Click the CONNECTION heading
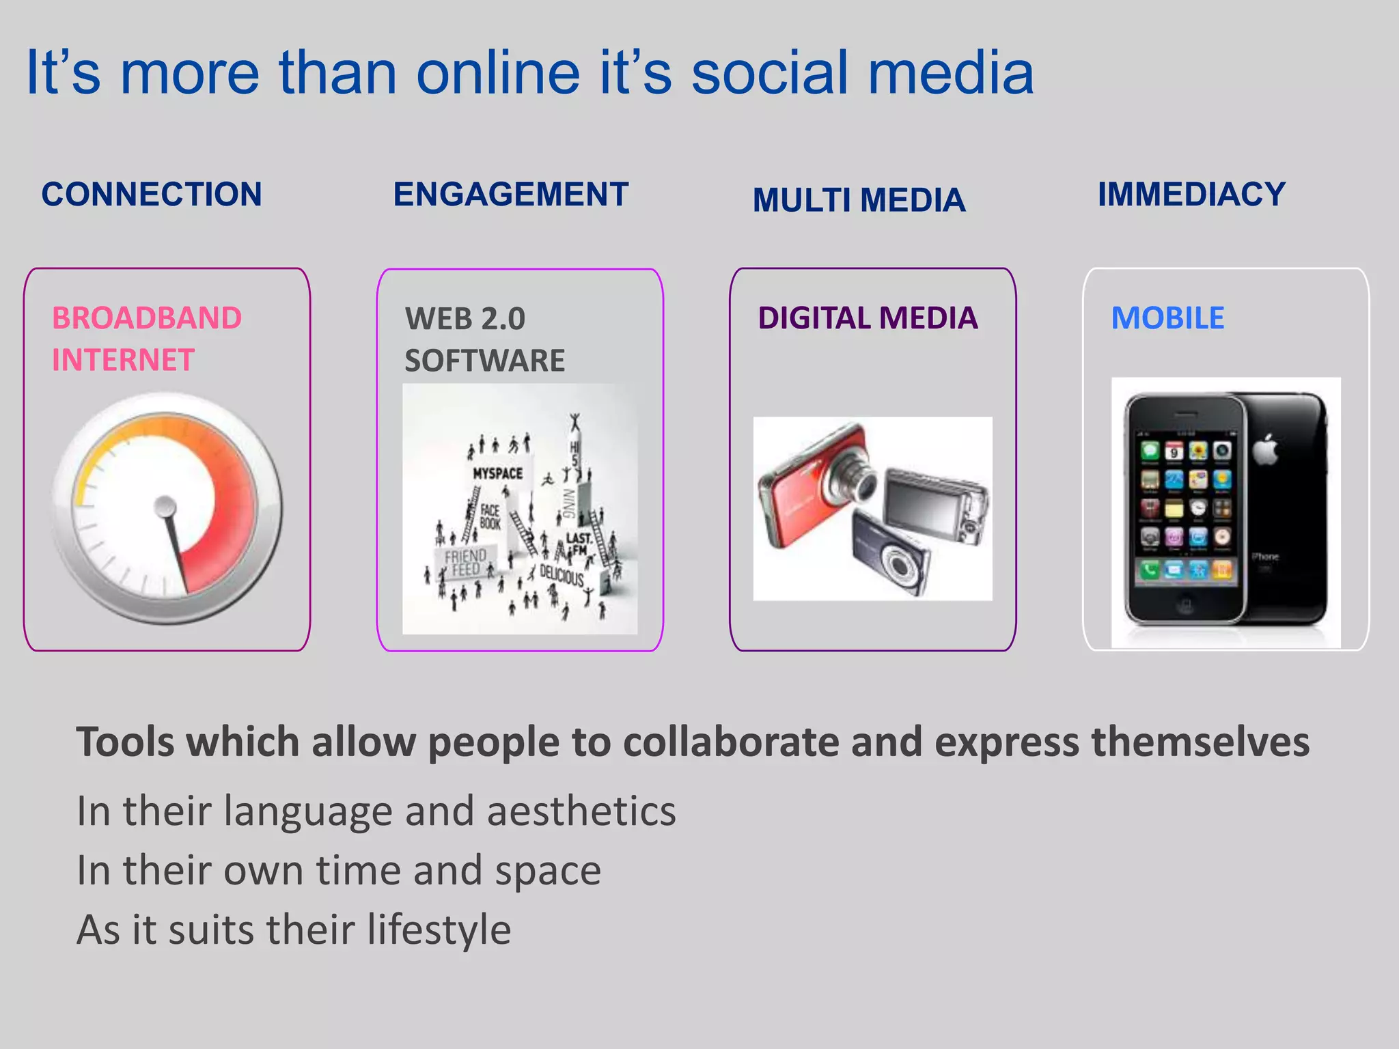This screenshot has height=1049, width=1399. click(152, 195)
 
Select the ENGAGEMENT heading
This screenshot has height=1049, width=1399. click(510, 195)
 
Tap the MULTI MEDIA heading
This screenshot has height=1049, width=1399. click(859, 200)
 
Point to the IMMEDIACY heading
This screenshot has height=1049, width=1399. click(1191, 195)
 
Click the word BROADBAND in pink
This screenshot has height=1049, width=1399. click(147, 318)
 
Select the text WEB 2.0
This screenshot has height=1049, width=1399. click(465, 319)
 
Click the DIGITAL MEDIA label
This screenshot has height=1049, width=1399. click(868, 318)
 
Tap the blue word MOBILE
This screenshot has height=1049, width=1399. click(1167, 318)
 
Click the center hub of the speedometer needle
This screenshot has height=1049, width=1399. click(165, 507)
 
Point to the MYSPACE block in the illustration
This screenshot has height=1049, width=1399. click(497, 473)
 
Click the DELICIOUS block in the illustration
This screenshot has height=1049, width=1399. click(562, 576)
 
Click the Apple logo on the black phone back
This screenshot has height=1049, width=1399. click(1265, 449)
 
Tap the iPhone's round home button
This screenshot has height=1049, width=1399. click(1186, 605)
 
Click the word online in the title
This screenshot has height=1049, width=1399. click(498, 73)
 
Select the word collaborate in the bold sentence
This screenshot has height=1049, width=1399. click(730, 742)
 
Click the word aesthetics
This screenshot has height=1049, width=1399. click(581, 811)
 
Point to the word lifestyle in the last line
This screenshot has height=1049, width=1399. click(439, 930)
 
